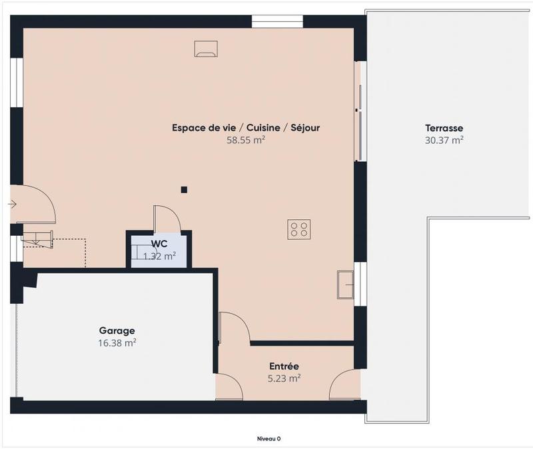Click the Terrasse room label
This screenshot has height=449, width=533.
tap(444, 128)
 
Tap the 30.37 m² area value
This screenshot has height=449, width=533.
tap(444, 140)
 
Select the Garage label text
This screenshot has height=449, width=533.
tap(117, 330)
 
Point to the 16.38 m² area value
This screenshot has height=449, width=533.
tap(117, 342)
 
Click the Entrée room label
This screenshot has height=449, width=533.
tap(284, 366)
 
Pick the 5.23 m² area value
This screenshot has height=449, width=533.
tap(284, 378)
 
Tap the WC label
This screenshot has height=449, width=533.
tap(159, 243)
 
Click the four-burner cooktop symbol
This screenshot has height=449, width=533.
tap(298, 229)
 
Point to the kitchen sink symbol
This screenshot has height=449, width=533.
tap(346, 284)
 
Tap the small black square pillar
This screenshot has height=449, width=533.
tap(184, 190)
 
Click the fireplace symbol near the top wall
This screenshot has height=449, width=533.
tap(205, 49)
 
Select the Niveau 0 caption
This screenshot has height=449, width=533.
tap(269, 438)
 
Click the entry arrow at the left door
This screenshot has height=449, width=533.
tap(13, 204)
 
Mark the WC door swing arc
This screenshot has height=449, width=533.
tap(168, 217)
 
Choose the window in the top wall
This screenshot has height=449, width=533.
tap(278, 21)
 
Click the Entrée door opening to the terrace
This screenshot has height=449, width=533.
tap(344, 386)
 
